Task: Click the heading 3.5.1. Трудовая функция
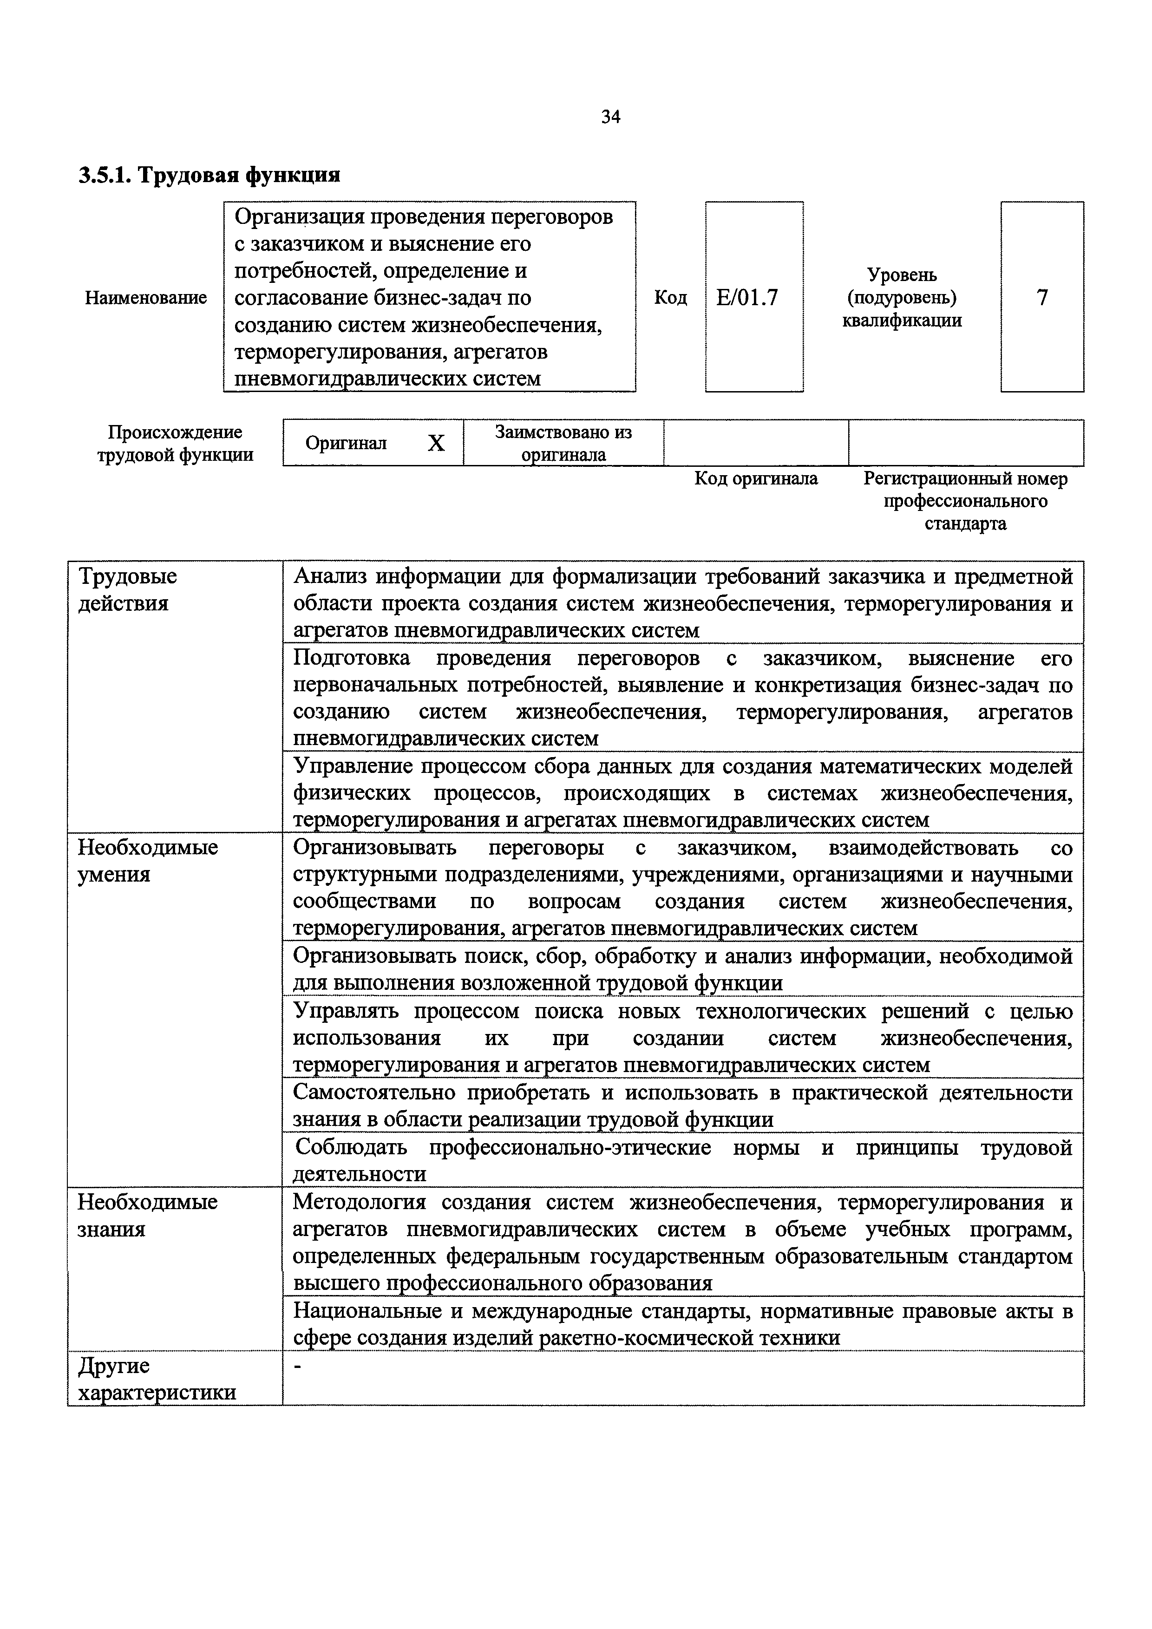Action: pos(209,175)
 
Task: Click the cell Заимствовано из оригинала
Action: pos(563,443)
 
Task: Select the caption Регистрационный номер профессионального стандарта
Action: pos(965,501)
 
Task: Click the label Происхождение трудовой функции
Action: pos(175,444)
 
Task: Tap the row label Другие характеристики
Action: pos(156,1379)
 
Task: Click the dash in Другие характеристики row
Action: pos(298,1367)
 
